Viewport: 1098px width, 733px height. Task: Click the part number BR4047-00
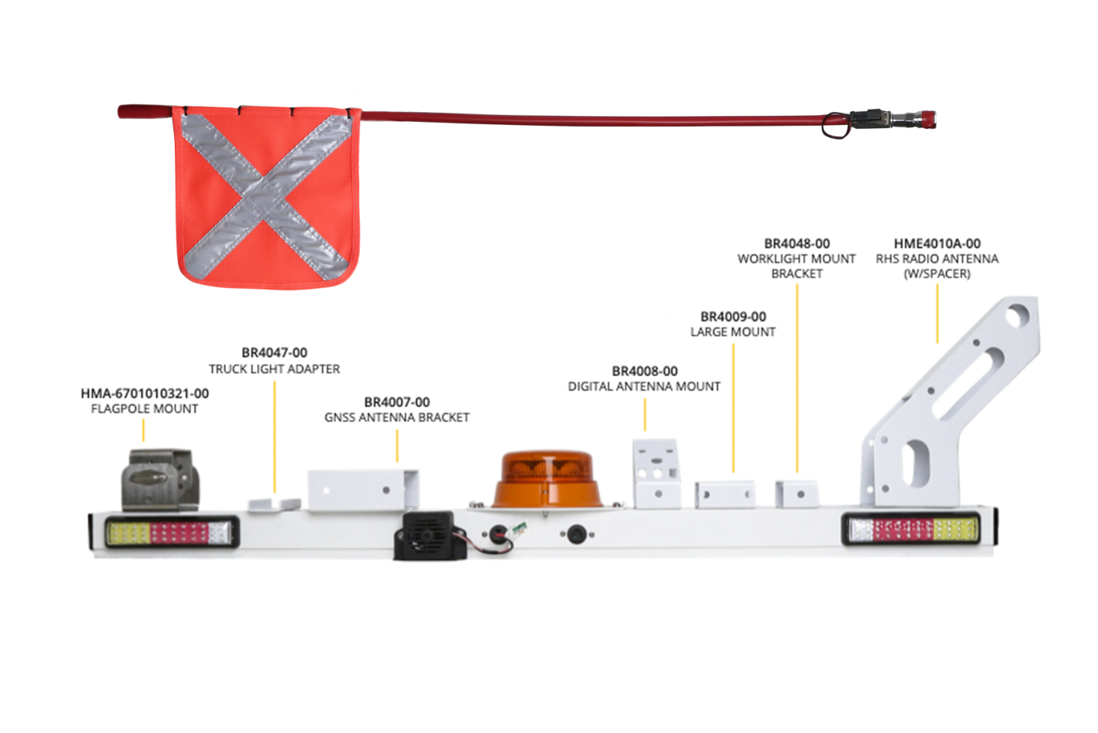[x=274, y=353]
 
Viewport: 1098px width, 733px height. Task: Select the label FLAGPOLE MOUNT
[x=145, y=408]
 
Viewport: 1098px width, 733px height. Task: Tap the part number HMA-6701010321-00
[x=145, y=394]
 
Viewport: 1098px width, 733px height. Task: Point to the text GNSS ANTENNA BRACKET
[x=397, y=418]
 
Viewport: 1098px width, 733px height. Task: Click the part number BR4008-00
[x=645, y=371]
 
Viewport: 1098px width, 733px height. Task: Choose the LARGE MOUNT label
[x=733, y=332]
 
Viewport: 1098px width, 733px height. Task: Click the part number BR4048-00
[x=797, y=244]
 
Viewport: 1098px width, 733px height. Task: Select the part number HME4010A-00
[x=937, y=244]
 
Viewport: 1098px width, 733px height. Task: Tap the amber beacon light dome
[x=547, y=479]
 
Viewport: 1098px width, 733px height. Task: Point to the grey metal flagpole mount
[x=160, y=480]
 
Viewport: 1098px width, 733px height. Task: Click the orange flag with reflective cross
[x=267, y=197]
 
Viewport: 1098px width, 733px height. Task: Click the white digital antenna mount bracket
[x=657, y=474]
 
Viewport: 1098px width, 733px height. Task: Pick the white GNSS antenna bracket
[x=363, y=490]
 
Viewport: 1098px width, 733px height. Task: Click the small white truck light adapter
[x=274, y=505]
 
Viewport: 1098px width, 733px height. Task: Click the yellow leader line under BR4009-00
[x=733, y=408]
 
